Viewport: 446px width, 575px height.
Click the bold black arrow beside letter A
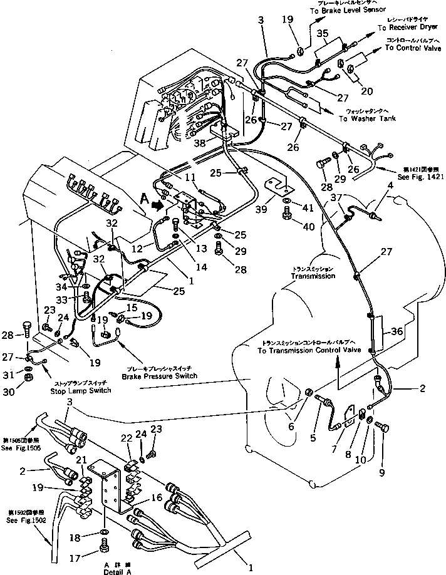[160, 204]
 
